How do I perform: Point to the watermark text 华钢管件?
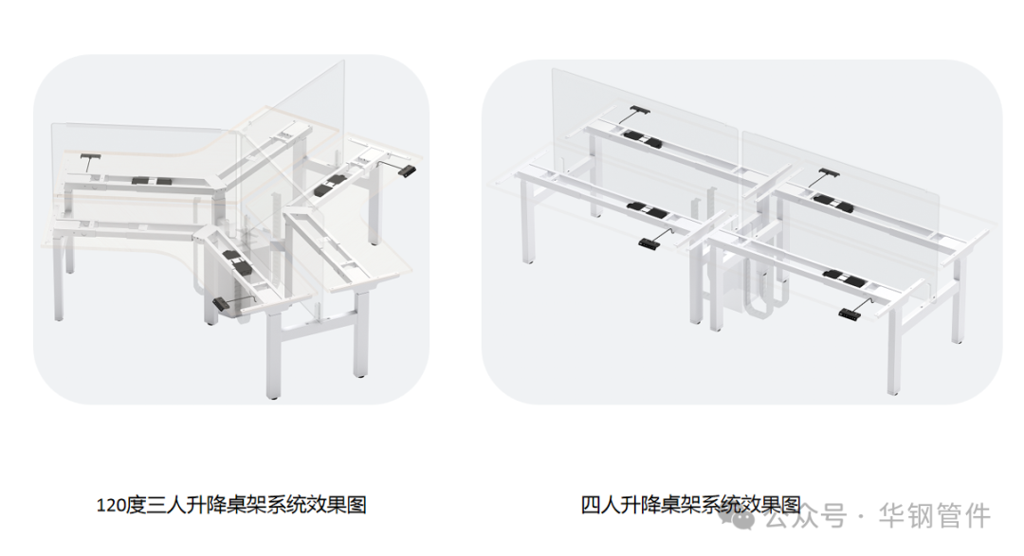point(936,516)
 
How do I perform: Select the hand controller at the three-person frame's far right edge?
point(408,170)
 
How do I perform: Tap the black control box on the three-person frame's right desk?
point(338,180)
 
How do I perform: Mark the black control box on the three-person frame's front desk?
point(237,263)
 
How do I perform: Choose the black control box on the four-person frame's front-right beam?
point(844,277)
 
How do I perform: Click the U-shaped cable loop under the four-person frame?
point(767,299)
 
